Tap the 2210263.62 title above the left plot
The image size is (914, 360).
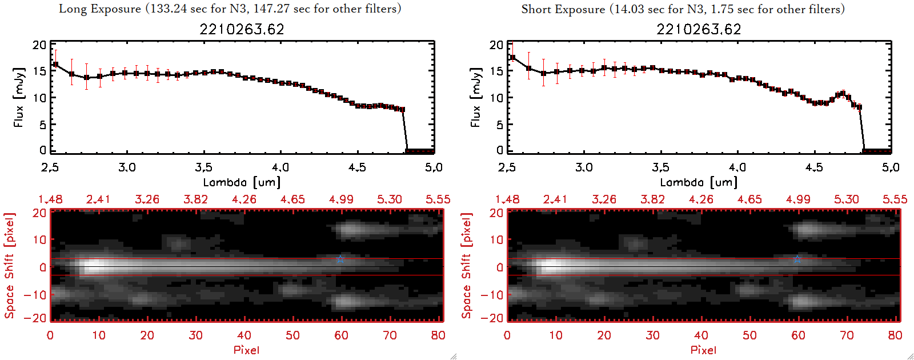[x=242, y=29]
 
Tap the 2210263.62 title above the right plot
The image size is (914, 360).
[x=699, y=29]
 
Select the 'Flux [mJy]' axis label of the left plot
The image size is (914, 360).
[x=19, y=97]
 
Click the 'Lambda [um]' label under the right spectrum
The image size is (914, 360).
[x=699, y=182]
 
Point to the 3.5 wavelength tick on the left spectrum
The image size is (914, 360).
[x=203, y=167]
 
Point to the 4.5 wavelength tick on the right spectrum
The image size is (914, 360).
[x=814, y=167]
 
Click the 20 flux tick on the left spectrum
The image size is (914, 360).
[x=39, y=45]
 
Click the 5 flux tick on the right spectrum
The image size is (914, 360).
[x=499, y=125]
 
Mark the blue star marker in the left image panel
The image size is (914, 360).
[x=340, y=259]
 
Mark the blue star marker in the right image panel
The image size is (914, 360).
[x=797, y=259]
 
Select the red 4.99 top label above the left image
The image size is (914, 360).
[x=341, y=199]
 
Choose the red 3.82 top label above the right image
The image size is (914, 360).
[x=652, y=199]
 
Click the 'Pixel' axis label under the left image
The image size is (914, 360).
[x=246, y=350]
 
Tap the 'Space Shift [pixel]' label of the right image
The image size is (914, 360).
[x=467, y=266]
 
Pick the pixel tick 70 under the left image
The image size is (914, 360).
[x=390, y=335]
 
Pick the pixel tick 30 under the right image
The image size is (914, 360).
[x=652, y=335]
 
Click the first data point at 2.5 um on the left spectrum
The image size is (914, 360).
[x=55, y=65]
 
